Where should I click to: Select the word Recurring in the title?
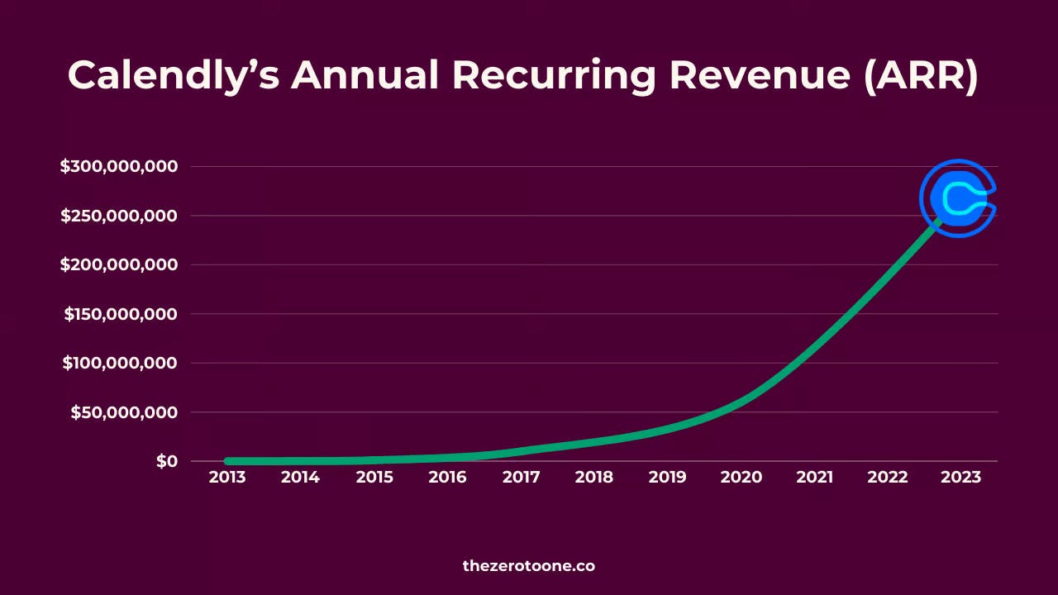pos(554,75)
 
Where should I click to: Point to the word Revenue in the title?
pos(760,75)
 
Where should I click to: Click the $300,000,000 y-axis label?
pos(119,166)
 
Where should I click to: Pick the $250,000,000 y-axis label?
pos(119,216)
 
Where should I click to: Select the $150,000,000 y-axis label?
pos(121,314)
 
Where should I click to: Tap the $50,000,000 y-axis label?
pos(124,412)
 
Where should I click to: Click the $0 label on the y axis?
pos(167,461)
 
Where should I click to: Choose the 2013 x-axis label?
pos(227,477)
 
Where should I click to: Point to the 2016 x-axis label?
pos(447,477)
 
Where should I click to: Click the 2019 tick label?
pos(667,477)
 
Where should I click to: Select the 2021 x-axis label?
pos(814,477)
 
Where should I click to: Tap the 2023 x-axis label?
pos(961,477)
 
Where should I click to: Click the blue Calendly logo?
pos(959,198)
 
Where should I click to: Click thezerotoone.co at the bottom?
pos(529,566)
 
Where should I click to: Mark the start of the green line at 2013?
pos(229,461)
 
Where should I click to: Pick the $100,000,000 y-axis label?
pos(121,363)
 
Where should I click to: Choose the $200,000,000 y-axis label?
pos(119,264)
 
